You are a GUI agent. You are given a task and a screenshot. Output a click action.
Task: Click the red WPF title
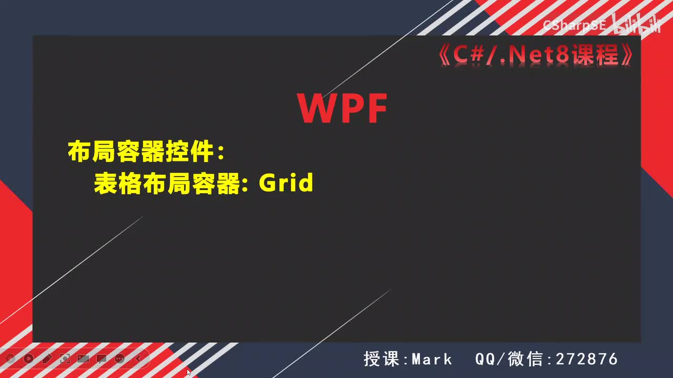tap(342, 109)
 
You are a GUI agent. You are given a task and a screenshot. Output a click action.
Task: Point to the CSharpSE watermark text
tap(574, 25)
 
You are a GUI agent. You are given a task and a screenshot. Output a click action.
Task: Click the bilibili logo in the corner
tap(636, 25)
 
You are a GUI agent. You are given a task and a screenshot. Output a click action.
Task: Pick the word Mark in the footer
tap(432, 359)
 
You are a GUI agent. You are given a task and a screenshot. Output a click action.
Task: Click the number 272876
tap(586, 359)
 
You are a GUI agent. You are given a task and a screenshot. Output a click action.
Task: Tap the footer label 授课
tap(383, 359)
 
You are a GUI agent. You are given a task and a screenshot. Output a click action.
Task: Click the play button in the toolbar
tap(28, 359)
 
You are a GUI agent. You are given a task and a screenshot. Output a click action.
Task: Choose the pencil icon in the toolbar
tap(47, 359)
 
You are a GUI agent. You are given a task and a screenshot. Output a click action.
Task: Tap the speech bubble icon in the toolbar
tap(101, 359)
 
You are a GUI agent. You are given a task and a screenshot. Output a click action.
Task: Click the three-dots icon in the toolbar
tap(120, 359)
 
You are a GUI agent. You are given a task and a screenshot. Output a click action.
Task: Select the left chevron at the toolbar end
tap(138, 359)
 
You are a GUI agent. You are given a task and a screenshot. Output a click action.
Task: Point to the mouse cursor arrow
tap(189, 372)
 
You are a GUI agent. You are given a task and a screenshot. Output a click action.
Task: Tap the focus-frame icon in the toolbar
tap(65, 359)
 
